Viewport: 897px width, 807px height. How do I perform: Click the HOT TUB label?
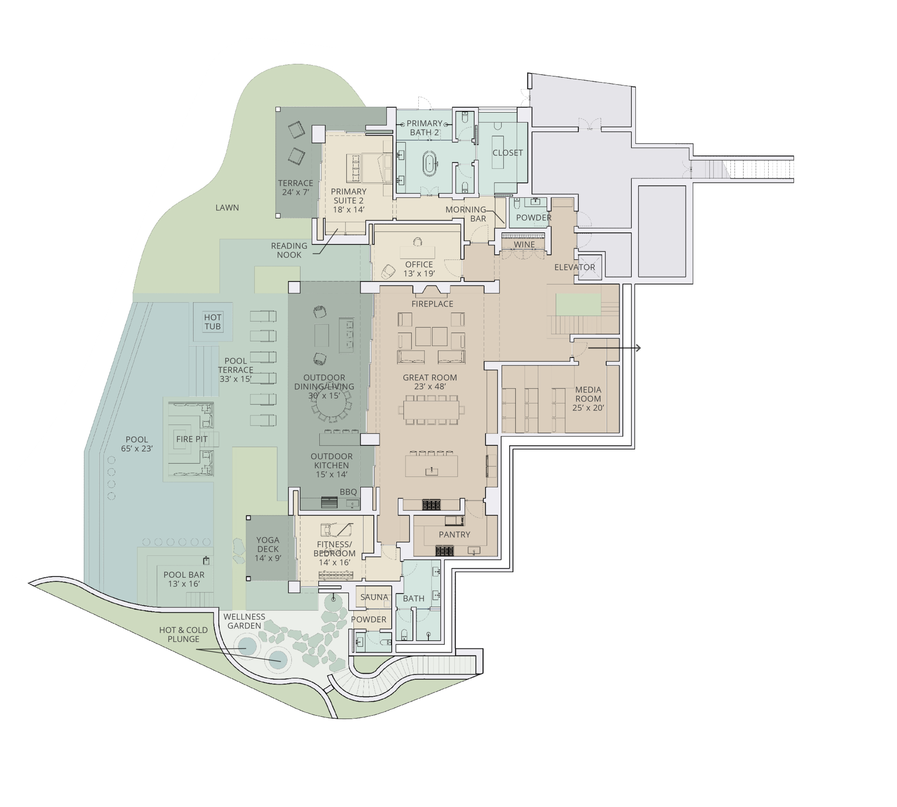tap(213, 322)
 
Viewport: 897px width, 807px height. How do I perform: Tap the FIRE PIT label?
tap(192, 440)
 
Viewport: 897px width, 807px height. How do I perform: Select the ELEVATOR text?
tap(574, 267)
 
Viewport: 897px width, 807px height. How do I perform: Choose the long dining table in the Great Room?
tap(431, 410)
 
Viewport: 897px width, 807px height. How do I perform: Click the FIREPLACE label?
tap(432, 304)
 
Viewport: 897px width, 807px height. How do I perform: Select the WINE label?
tap(524, 245)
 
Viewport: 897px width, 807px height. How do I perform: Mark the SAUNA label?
tap(374, 597)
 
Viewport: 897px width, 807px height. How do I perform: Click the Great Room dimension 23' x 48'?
tap(430, 387)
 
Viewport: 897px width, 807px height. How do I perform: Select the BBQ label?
tap(348, 492)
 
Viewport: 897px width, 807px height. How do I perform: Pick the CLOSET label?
tap(507, 153)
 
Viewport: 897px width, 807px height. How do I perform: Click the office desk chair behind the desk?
tap(417, 242)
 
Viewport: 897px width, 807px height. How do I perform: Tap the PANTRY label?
tap(454, 535)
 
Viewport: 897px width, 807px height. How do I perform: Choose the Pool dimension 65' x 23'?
tap(137, 449)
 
